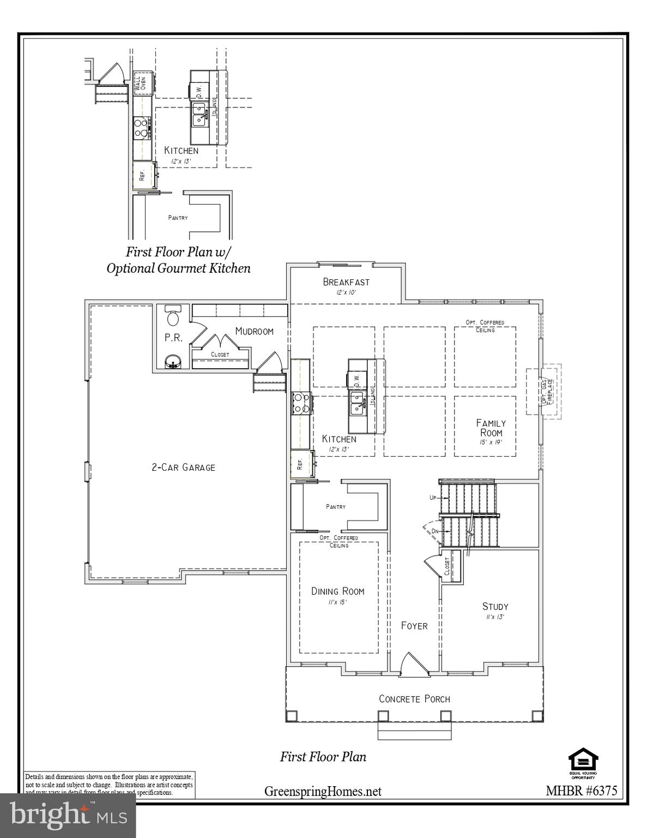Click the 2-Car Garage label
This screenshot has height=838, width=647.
(183, 467)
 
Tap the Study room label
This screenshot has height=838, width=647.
(495, 606)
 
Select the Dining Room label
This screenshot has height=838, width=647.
(337, 591)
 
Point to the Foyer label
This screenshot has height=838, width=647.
(414, 626)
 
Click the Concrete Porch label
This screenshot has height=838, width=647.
(414, 699)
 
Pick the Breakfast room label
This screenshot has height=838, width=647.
(346, 282)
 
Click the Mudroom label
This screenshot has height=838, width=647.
(254, 331)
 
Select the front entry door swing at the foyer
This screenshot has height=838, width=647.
(409, 665)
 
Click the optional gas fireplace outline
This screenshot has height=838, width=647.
(543, 391)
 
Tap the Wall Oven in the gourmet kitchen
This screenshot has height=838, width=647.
(142, 83)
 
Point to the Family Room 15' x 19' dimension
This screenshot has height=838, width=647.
(491, 442)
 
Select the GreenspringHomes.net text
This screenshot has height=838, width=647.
(323, 791)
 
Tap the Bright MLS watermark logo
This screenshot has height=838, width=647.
(68, 816)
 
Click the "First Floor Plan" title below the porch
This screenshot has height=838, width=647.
(323, 757)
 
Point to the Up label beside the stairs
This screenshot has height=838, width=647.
(433, 498)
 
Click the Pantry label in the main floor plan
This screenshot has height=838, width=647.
(336, 507)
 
